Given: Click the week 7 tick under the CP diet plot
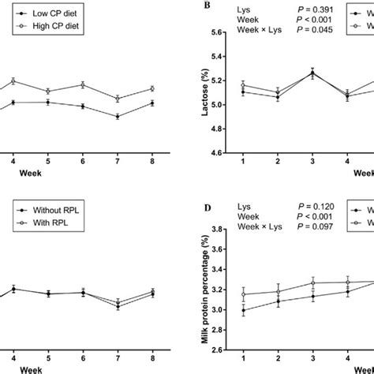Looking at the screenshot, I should point(118,158).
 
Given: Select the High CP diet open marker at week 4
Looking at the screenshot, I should point(13,81).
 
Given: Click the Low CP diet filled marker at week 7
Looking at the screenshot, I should point(118,116).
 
